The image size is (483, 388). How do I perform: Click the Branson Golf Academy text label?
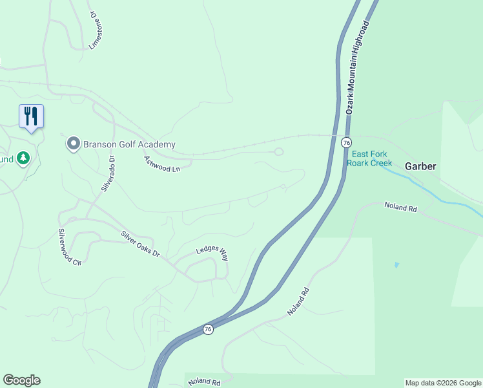pyautogui.click(x=129, y=145)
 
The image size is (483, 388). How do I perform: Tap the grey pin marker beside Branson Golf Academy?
pyautogui.click(x=74, y=144)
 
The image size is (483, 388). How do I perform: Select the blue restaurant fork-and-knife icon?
pyautogui.click(x=31, y=116)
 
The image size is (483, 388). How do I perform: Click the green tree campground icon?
pyautogui.click(x=23, y=158)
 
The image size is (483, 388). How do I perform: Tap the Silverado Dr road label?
pyautogui.click(x=107, y=173)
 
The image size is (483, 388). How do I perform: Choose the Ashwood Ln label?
pyautogui.click(x=162, y=164)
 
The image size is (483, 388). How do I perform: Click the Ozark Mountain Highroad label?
pyautogui.click(x=358, y=67)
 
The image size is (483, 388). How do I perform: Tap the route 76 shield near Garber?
pyautogui.click(x=347, y=142)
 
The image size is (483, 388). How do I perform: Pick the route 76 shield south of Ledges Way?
pyautogui.click(x=207, y=329)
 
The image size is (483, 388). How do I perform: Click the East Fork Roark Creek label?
pyautogui.click(x=371, y=158)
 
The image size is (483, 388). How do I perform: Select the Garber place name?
pyautogui.click(x=421, y=166)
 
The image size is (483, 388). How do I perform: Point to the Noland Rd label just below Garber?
pyautogui.click(x=402, y=208)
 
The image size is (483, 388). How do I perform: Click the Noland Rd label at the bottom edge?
pyautogui.click(x=205, y=382)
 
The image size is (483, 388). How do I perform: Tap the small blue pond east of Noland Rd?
pyautogui.click(x=396, y=264)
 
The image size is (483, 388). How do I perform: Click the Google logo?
pyautogui.click(x=21, y=380)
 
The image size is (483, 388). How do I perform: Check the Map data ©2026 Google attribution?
pyautogui.click(x=443, y=383)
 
